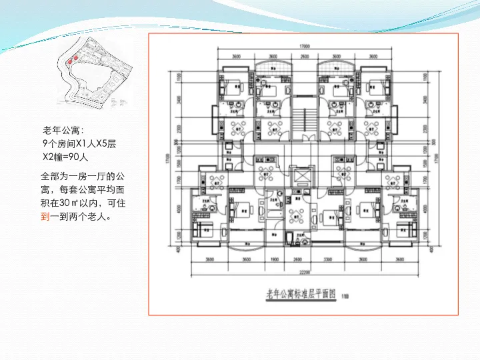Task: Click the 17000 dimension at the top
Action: pyautogui.click(x=305, y=46)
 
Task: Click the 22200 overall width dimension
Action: pyautogui.click(x=306, y=273)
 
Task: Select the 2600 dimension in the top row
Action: pyautogui.click(x=305, y=57)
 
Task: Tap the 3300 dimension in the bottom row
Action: pyautogui.click(x=328, y=259)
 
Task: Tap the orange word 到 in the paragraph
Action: pyautogui.click(x=45, y=216)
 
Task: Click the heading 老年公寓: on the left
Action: pyautogui.click(x=63, y=129)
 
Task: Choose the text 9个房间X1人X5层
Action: pyautogui.click(x=79, y=143)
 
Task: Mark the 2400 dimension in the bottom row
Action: pyautogui.click(x=298, y=259)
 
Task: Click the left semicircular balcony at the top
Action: pyautogui.click(x=273, y=67)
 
